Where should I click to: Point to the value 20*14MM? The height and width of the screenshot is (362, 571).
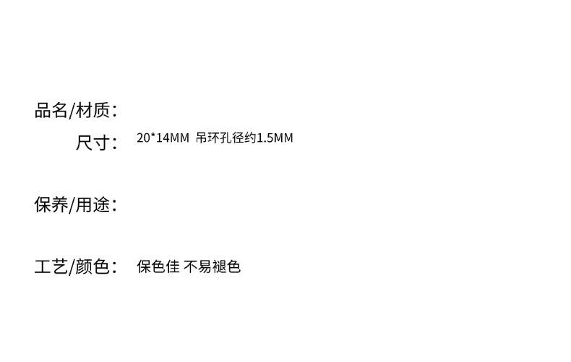click(163, 138)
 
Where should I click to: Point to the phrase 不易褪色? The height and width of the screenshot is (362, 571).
click(212, 266)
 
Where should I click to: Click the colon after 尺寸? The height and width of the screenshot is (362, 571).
click(114, 143)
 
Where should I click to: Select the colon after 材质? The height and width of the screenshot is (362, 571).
click(114, 111)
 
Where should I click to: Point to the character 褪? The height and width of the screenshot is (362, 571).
click(219, 266)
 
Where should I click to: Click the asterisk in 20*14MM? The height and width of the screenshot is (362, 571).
click(150, 136)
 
